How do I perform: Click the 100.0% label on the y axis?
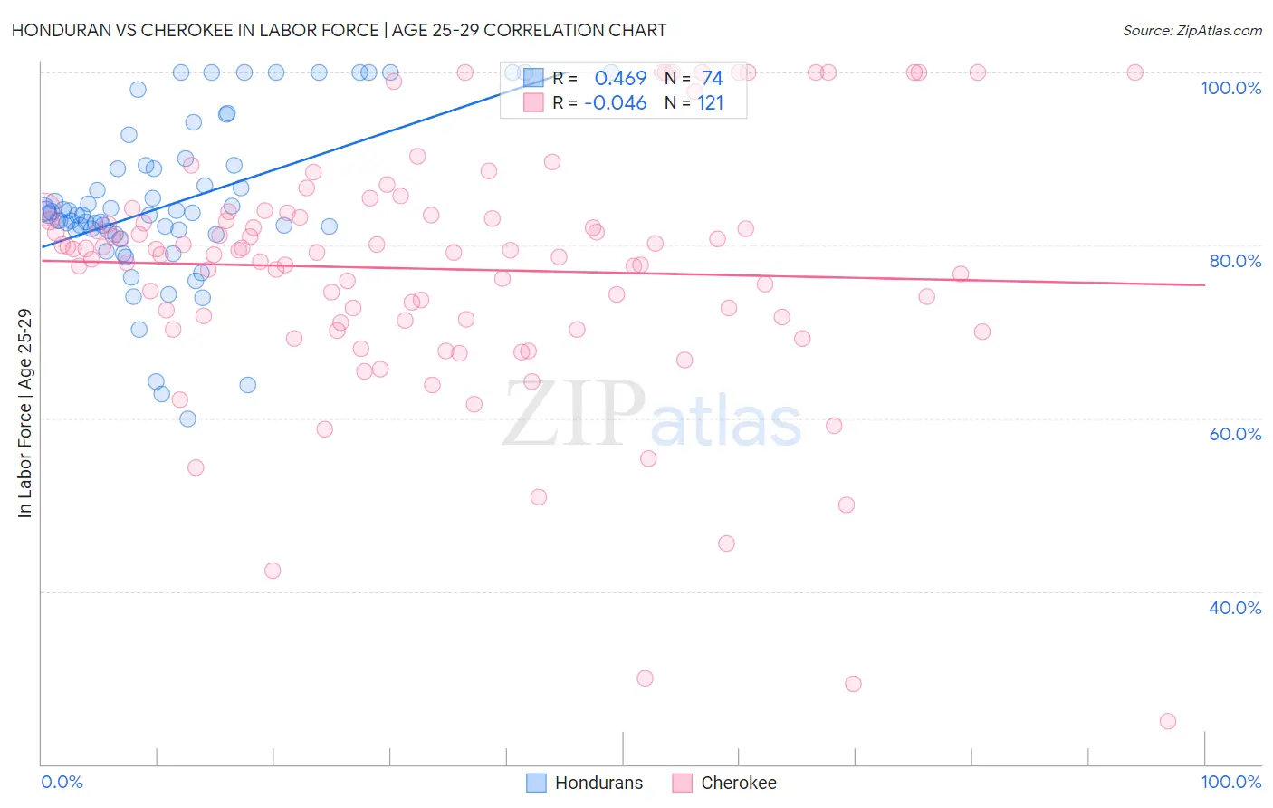(x=1230, y=88)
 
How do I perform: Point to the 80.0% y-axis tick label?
(x=1235, y=261)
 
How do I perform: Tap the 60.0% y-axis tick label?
(x=1235, y=434)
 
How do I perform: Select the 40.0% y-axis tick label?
(x=1235, y=608)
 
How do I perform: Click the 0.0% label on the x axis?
(x=62, y=782)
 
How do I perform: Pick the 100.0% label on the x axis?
(x=1230, y=782)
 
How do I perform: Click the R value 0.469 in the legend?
(x=620, y=79)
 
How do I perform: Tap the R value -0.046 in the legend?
(x=616, y=103)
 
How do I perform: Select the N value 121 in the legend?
(x=710, y=103)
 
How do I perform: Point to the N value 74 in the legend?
(x=712, y=79)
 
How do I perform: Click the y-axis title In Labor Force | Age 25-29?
(x=24, y=413)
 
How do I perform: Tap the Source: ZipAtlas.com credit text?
(x=1192, y=30)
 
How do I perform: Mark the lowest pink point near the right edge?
(x=1168, y=721)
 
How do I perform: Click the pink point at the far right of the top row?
(x=1134, y=72)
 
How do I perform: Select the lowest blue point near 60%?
(x=187, y=418)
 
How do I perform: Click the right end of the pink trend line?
(x=1204, y=284)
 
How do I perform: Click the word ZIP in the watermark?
(x=573, y=414)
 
